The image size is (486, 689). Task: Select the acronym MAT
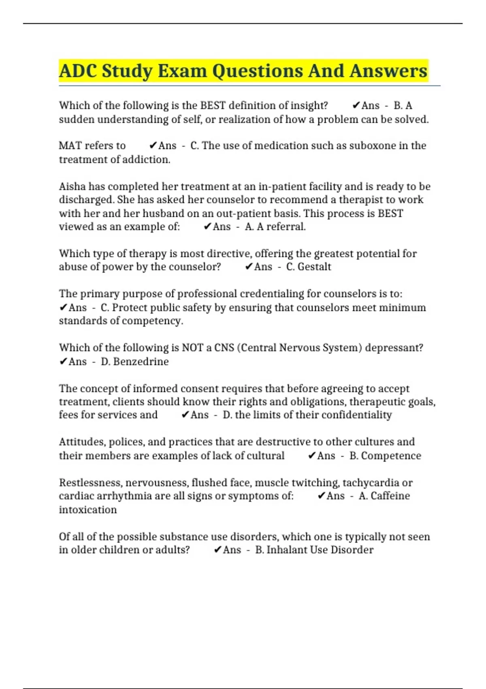pos(70,146)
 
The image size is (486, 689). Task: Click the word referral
pos(286,227)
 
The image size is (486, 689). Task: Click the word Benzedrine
pos(141,362)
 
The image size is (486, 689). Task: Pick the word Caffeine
pos(390,496)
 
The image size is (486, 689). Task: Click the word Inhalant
pos(287,550)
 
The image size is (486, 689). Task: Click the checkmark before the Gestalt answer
pos(249,267)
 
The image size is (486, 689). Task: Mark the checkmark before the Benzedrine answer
pos(63,362)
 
